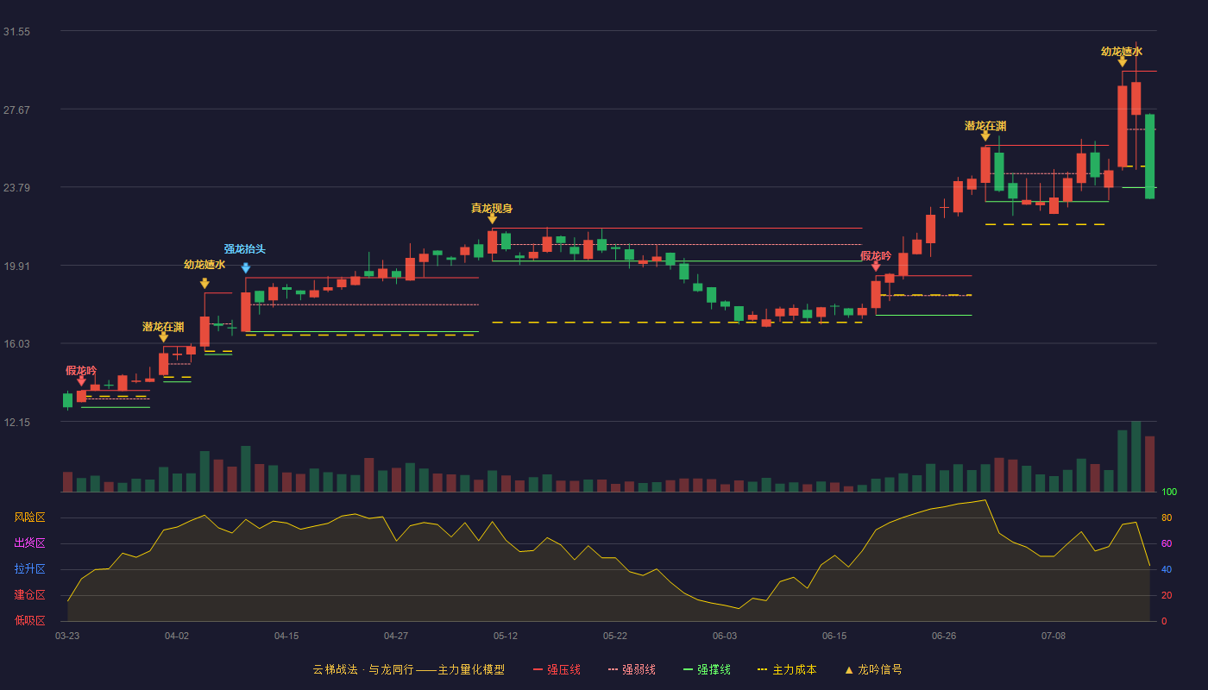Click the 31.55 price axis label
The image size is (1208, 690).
[16, 32]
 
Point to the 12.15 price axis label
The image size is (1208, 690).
[16, 423]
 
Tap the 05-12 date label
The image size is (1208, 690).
[506, 637]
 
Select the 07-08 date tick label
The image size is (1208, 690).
[1054, 637]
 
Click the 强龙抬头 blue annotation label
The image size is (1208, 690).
[245, 249]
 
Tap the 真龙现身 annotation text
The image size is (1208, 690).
[491, 208]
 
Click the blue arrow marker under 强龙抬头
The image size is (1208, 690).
[245, 268]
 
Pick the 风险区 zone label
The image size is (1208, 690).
[29, 517]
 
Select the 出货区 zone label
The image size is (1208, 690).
[29, 543]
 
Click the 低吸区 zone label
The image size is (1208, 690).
[29, 620]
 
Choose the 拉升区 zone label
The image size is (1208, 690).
[29, 568]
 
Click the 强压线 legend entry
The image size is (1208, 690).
[557, 669]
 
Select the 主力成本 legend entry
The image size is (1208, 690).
[787, 669]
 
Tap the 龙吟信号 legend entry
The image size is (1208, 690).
[873, 669]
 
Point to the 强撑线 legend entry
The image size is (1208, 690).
[707, 669]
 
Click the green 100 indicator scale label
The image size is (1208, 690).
[1169, 492]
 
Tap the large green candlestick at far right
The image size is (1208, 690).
[1149, 156]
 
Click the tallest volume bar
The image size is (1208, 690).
[1136, 456]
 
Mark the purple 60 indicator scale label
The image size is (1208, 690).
[1167, 543]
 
